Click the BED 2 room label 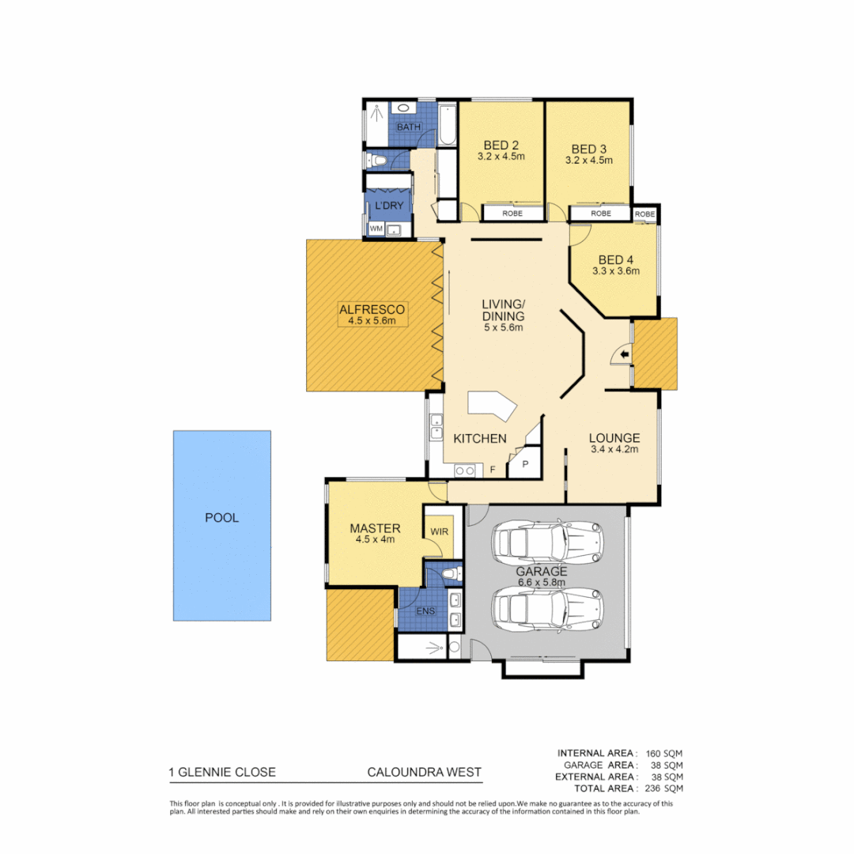pos(501,145)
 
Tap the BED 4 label pos(615,260)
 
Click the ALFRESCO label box pos(372,314)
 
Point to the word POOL pos(221,519)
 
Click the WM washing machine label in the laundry pos(376,229)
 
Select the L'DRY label pos(388,206)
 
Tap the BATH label pos(409,127)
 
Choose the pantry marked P pos(523,464)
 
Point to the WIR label pos(439,531)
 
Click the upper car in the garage pos(547,542)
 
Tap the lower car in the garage pos(547,608)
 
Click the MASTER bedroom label pos(375,528)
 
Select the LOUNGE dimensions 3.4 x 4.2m pos(614,449)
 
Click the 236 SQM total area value pos(667,788)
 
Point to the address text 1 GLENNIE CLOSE pos(222,773)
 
